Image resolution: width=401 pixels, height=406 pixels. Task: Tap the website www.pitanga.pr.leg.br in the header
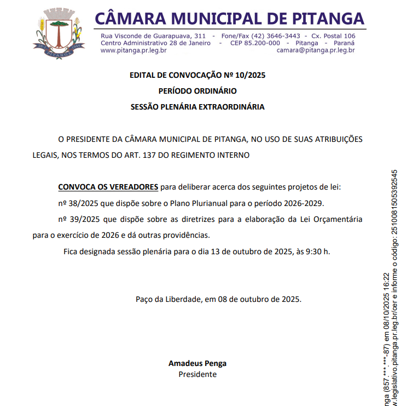[x=133, y=50]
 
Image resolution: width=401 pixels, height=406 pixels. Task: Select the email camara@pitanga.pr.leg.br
[x=316, y=50]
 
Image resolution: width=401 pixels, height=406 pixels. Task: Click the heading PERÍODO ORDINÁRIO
[x=197, y=91]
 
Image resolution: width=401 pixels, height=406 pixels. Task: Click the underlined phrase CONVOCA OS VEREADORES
[x=108, y=187]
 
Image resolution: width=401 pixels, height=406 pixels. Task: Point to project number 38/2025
[x=78, y=203]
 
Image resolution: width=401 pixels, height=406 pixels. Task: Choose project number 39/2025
[x=78, y=219]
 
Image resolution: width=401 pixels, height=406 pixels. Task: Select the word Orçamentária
[x=336, y=219]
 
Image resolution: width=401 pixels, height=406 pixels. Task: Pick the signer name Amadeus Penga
[x=197, y=363]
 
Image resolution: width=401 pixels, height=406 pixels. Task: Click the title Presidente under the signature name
[x=197, y=374]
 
